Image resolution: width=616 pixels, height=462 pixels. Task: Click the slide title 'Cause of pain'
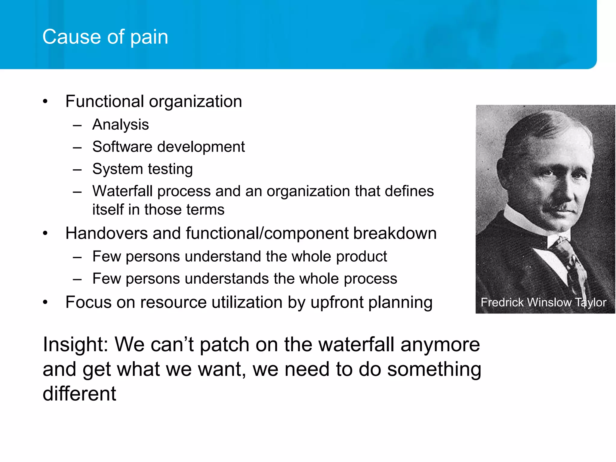point(105,37)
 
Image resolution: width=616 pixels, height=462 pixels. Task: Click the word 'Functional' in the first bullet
point(105,101)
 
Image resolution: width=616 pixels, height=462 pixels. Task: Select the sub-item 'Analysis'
point(120,125)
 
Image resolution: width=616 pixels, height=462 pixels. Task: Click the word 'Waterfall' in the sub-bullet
point(122,191)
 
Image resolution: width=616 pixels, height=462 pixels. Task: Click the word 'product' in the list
point(361,257)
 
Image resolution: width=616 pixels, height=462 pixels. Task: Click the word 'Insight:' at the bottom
point(75,344)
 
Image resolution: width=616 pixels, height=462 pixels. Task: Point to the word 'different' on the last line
point(79,393)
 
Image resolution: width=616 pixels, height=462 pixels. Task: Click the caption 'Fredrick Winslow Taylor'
point(543,302)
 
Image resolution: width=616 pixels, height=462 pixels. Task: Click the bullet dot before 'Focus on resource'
point(45,302)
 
